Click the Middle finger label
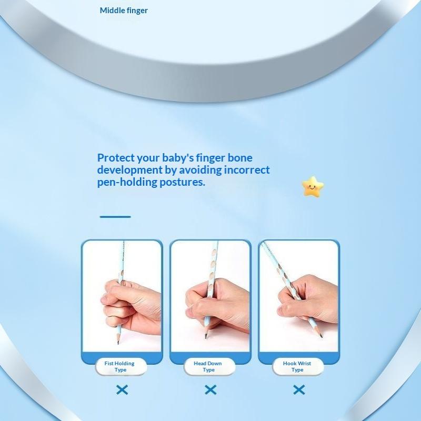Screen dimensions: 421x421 pos(124,11)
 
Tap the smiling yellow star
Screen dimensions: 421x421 pos(313,187)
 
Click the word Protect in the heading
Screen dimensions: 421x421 pos(116,157)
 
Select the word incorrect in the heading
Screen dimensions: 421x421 pos(247,169)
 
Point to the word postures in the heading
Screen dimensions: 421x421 pos(182,182)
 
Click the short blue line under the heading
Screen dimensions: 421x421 pos(115,216)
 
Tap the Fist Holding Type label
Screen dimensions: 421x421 pos(120,366)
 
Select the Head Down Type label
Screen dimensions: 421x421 pos(208,366)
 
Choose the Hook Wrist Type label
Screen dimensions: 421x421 pos(297,366)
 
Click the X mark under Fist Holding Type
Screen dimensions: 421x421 pos(122,389)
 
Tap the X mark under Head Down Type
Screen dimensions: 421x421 pos(210,389)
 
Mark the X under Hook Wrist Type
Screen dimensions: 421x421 pos(299,389)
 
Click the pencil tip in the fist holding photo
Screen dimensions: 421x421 pos(118,343)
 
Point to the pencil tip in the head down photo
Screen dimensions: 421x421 pos(206,337)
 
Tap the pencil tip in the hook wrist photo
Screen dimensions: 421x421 pos(321,335)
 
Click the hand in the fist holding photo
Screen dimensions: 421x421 pos(132,306)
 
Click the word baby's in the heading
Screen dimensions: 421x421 pos(178,157)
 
